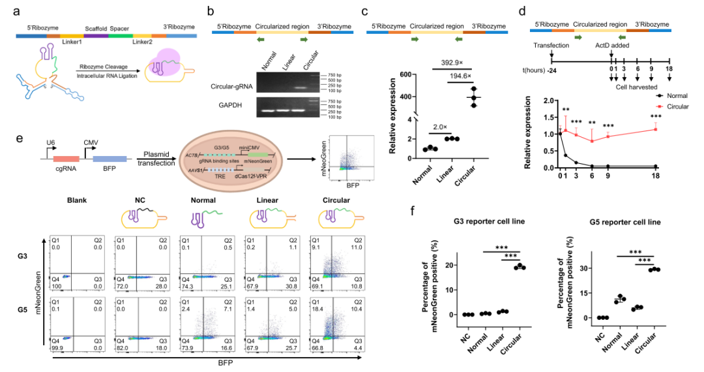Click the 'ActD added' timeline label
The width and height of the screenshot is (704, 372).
[610, 45]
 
